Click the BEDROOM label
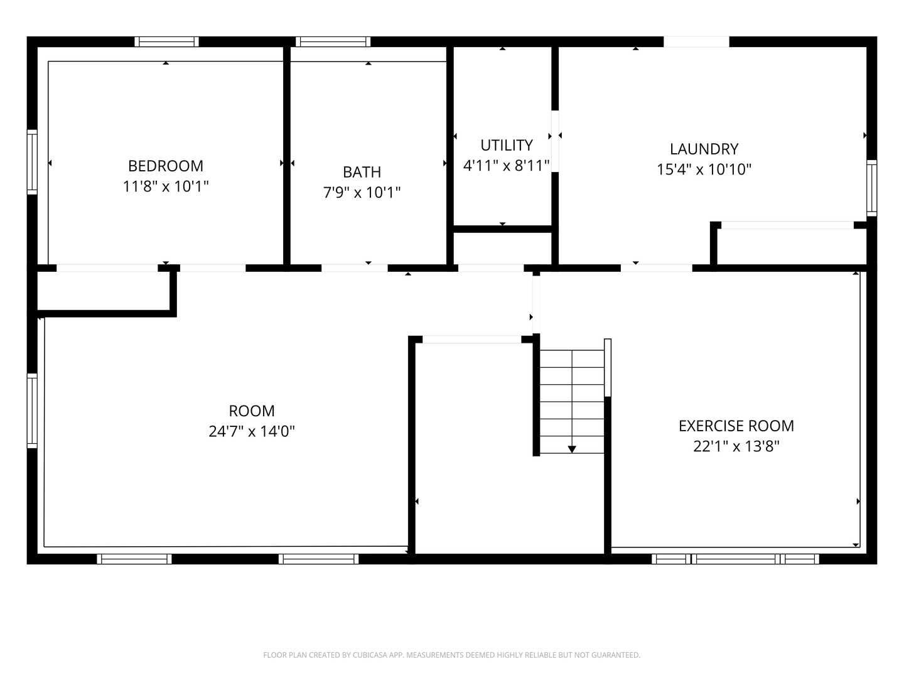pyautogui.click(x=166, y=166)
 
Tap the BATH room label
pyautogui.click(x=362, y=172)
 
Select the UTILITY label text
pyautogui.click(x=507, y=145)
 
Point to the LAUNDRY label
pyautogui.click(x=704, y=149)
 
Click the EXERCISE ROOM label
pyautogui.click(x=736, y=426)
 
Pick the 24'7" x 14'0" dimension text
pyautogui.click(x=252, y=431)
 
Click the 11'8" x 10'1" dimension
pyautogui.click(x=166, y=186)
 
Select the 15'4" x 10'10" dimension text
pyautogui.click(x=704, y=169)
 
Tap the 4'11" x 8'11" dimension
pyautogui.click(x=507, y=166)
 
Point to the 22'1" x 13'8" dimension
pyautogui.click(x=736, y=446)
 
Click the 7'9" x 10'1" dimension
pyautogui.click(x=362, y=192)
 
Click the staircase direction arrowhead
pyautogui.click(x=572, y=449)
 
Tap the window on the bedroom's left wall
pyautogui.click(x=32, y=162)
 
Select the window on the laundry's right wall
pyautogui.click(x=871, y=188)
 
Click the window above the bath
pyautogui.click(x=333, y=41)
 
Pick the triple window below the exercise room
pyautogui.click(x=735, y=559)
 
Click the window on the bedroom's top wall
pyautogui.click(x=167, y=41)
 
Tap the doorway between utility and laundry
pyautogui.click(x=555, y=141)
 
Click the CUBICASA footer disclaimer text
pyautogui.click(x=452, y=655)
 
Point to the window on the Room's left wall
pyautogui.click(x=32, y=411)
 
